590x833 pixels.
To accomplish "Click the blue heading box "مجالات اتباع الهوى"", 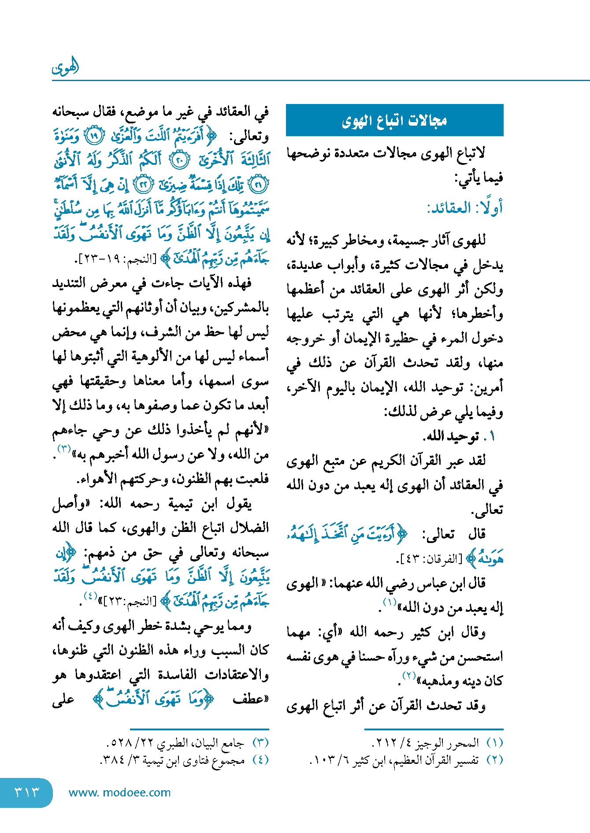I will tap(394, 120).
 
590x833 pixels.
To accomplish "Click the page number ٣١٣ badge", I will tap(26, 792).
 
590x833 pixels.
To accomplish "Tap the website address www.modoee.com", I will tap(119, 792).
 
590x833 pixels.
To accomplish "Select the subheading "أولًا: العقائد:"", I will tap(464, 208).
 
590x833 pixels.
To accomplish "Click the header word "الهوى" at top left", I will tap(65, 67).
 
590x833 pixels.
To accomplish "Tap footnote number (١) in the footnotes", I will tap(494, 743).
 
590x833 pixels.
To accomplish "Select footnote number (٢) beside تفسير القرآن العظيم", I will tap(494, 760).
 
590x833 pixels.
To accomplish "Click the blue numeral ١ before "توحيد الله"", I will tap(492, 437).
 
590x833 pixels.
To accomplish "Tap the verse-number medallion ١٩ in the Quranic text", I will tap(93, 136).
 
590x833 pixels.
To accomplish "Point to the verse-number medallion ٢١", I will tap(258, 185).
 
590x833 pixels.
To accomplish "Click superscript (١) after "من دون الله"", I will tap(390, 602).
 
